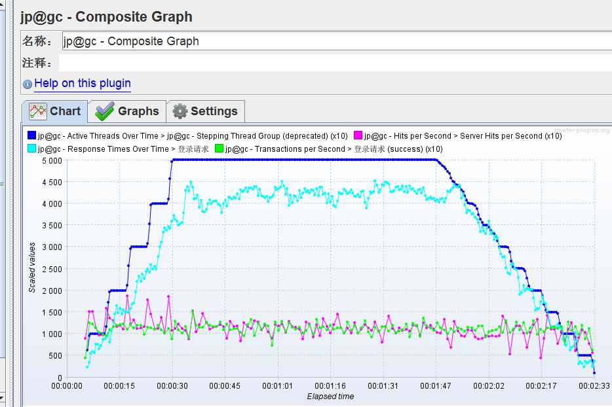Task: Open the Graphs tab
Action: click(x=128, y=111)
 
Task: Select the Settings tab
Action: click(x=206, y=111)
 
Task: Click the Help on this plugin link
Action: click(x=82, y=83)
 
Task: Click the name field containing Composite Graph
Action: click(x=328, y=41)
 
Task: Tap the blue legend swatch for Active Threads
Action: click(x=31, y=136)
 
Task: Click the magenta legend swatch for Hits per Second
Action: click(x=358, y=136)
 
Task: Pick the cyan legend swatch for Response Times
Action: click(x=31, y=149)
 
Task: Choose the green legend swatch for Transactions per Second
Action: click(x=220, y=149)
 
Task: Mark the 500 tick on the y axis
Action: click(x=55, y=356)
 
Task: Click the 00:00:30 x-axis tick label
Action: click(x=172, y=386)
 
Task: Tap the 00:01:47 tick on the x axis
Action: click(x=436, y=386)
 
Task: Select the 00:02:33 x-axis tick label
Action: click(x=594, y=386)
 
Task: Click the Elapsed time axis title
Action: click(x=330, y=397)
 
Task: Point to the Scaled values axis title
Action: click(x=32, y=267)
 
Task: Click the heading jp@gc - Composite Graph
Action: click(x=106, y=16)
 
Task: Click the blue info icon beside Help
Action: click(x=27, y=84)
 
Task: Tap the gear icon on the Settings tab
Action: click(x=180, y=111)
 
